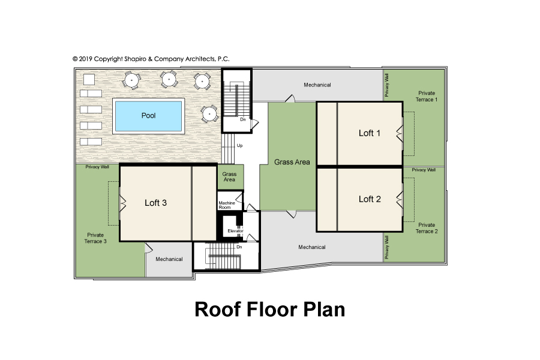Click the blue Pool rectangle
click(x=148, y=116)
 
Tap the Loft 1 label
click(x=370, y=133)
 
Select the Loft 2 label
click(x=370, y=199)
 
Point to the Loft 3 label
click(x=155, y=203)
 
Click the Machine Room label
click(x=227, y=205)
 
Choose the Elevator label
click(x=235, y=231)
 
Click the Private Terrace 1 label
click(x=427, y=96)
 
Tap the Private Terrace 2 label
click(x=427, y=228)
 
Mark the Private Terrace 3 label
click(x=95, y=238)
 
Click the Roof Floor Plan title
click(x=270, y=309)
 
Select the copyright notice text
click(x=151, y=59)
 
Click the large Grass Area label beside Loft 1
click(x=292, y=162)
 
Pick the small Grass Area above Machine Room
click(x=229, y=177)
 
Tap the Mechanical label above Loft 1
click(x=317, y=85)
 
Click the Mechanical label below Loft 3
click(x=169, y=259)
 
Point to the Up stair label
click(x=239, y=146)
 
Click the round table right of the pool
click(x=209, y=113)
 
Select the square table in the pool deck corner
click(x=89, y=79)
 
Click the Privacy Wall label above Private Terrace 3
click(x=97, y=167)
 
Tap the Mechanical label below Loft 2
click(x=312, y=247)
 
